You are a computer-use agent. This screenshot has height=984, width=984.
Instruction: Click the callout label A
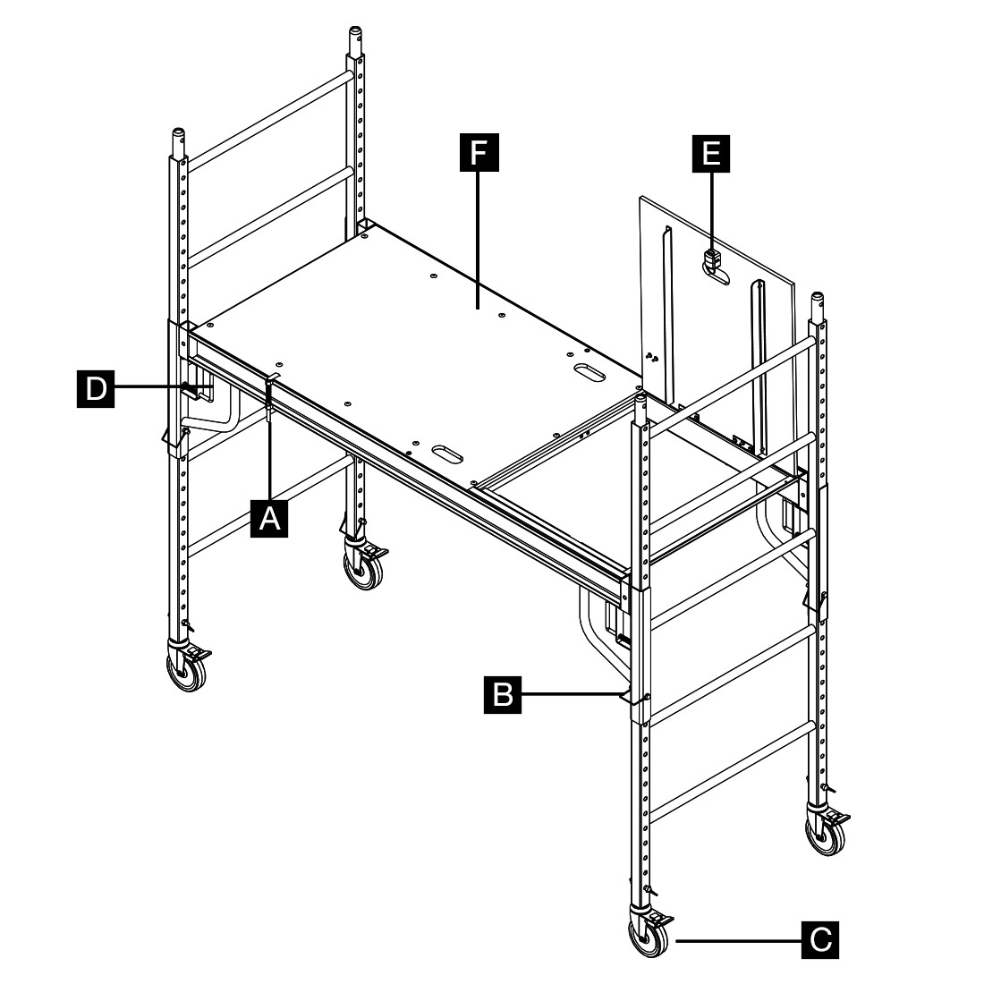pyautogui.click(x=269, y=518)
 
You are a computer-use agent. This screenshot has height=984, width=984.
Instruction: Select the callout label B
pyautogui.click(x=503, y=694)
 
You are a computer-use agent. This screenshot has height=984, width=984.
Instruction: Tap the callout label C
pyautogui.click(x=820, y=939)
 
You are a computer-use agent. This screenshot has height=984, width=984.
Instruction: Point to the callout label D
pyautogui.click(x=96, y=388)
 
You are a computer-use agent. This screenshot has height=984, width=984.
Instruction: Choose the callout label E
pyautogui.click(x=711, y=153)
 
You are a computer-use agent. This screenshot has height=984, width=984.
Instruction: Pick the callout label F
pyautogui.click(x=479, y=152)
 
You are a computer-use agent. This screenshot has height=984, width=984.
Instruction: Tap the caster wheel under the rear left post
pyautogui.click(x=363, y=566)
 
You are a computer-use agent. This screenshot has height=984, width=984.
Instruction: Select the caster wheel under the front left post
pyautogui.click(x=188, y=669)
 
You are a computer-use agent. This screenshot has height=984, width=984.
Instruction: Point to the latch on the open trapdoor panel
pyautogui.click(x=712, y=259)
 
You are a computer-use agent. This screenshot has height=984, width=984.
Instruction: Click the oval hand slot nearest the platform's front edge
pyautogui.click(x=446, y=454)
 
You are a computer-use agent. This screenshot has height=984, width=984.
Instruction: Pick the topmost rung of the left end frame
pyautogui.click(x=268, y=121)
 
